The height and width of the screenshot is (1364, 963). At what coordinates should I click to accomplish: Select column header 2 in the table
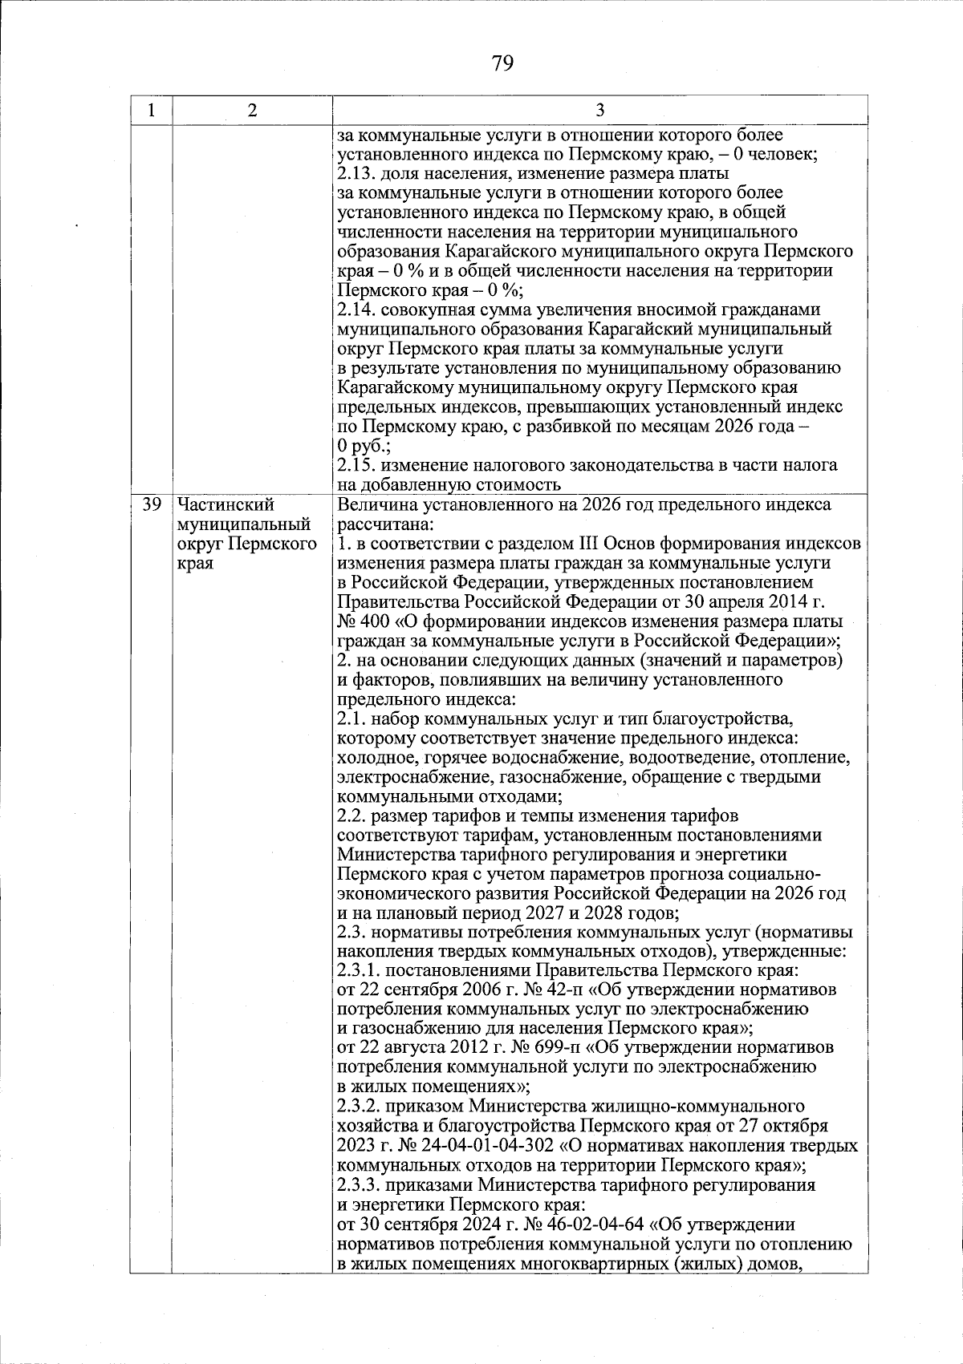click(252, 111)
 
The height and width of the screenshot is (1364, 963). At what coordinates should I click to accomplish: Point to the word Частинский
click(226, 504)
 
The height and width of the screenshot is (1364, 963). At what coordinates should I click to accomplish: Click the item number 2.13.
click(356, 174)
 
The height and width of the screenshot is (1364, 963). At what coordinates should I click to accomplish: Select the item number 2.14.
click(356, 310)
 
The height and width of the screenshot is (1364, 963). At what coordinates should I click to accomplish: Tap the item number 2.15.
click(356, 465)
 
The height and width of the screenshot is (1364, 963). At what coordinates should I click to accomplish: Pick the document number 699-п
click(563, 1048)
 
